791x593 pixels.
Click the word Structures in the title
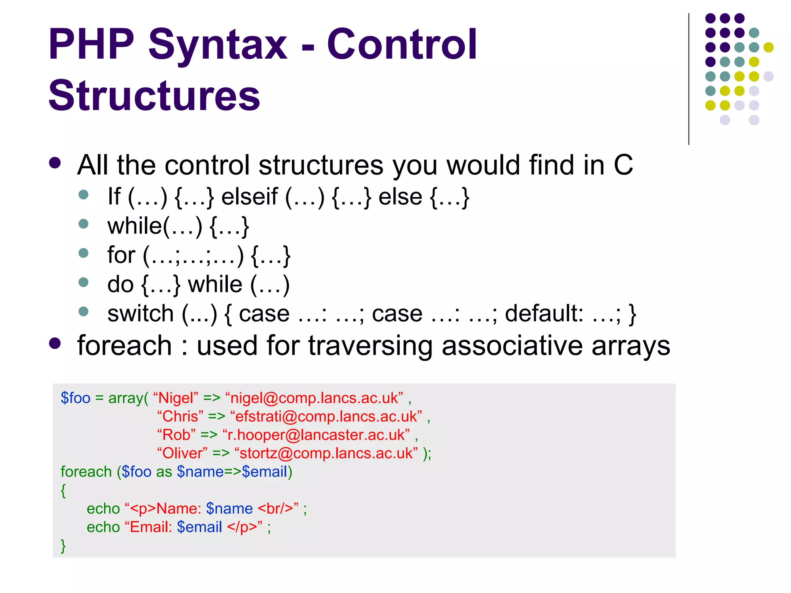tap(154, 95)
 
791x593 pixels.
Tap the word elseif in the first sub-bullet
tap(250, 197)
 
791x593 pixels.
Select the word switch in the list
tap(140, 313)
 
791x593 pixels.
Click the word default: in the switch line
tap(544, 313)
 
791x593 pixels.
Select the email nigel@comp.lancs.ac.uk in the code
tap(314, 398)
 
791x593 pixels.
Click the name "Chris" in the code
tap(180, 417)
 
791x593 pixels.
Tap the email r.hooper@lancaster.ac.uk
tap(316, 435)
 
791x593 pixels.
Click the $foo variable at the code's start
tap(75, 398)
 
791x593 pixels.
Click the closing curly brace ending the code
tap(63, 546)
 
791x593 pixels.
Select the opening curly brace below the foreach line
tap(63, 491)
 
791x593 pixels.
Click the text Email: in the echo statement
tap(151, 527)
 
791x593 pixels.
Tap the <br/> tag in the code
tap(275, 508)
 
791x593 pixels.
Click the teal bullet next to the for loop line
tap(83, 253)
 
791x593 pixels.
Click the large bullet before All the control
tap(55, 163)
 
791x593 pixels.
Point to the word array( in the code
tap(128, 398)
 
